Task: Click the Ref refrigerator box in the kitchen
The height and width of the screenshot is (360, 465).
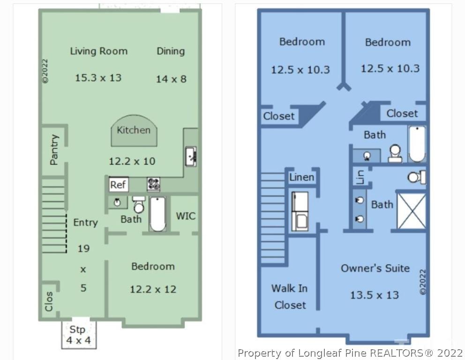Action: [x=119, y=184]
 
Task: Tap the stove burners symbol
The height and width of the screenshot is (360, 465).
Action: [x=154, y=184]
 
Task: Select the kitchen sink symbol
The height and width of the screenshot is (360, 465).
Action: [x=191, y=156]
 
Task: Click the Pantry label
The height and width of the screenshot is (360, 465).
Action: [x=54, y=150]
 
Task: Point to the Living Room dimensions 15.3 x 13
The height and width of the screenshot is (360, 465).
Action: [x=98, y=78]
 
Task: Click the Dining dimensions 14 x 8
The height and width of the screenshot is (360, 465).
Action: [x=171, y=79]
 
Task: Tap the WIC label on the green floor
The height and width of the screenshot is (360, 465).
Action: [x=186, y=216]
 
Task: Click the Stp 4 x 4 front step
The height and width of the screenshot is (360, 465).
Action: [x=79, y=335]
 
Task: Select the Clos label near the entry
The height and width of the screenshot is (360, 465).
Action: [x=49, y=301]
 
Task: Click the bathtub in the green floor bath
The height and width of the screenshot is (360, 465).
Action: [x=157, y=214]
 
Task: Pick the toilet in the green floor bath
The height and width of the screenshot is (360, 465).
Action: [x=138, y=205]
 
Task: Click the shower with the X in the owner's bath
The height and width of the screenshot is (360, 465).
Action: [x=411, y=211]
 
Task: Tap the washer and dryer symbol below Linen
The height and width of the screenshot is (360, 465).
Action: [x=300, y=211]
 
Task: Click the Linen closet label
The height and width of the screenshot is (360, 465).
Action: [x=301, y=177]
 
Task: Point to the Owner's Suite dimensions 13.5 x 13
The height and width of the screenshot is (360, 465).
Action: [x=375, y=295]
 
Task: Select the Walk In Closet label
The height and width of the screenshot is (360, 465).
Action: [x=290, y=297]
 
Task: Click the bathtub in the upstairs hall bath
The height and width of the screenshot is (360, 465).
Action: [x=417, y=144]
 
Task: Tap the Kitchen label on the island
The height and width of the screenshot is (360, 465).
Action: [x=134, y=130]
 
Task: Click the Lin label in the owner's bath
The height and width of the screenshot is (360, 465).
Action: [x=360, y=177]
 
